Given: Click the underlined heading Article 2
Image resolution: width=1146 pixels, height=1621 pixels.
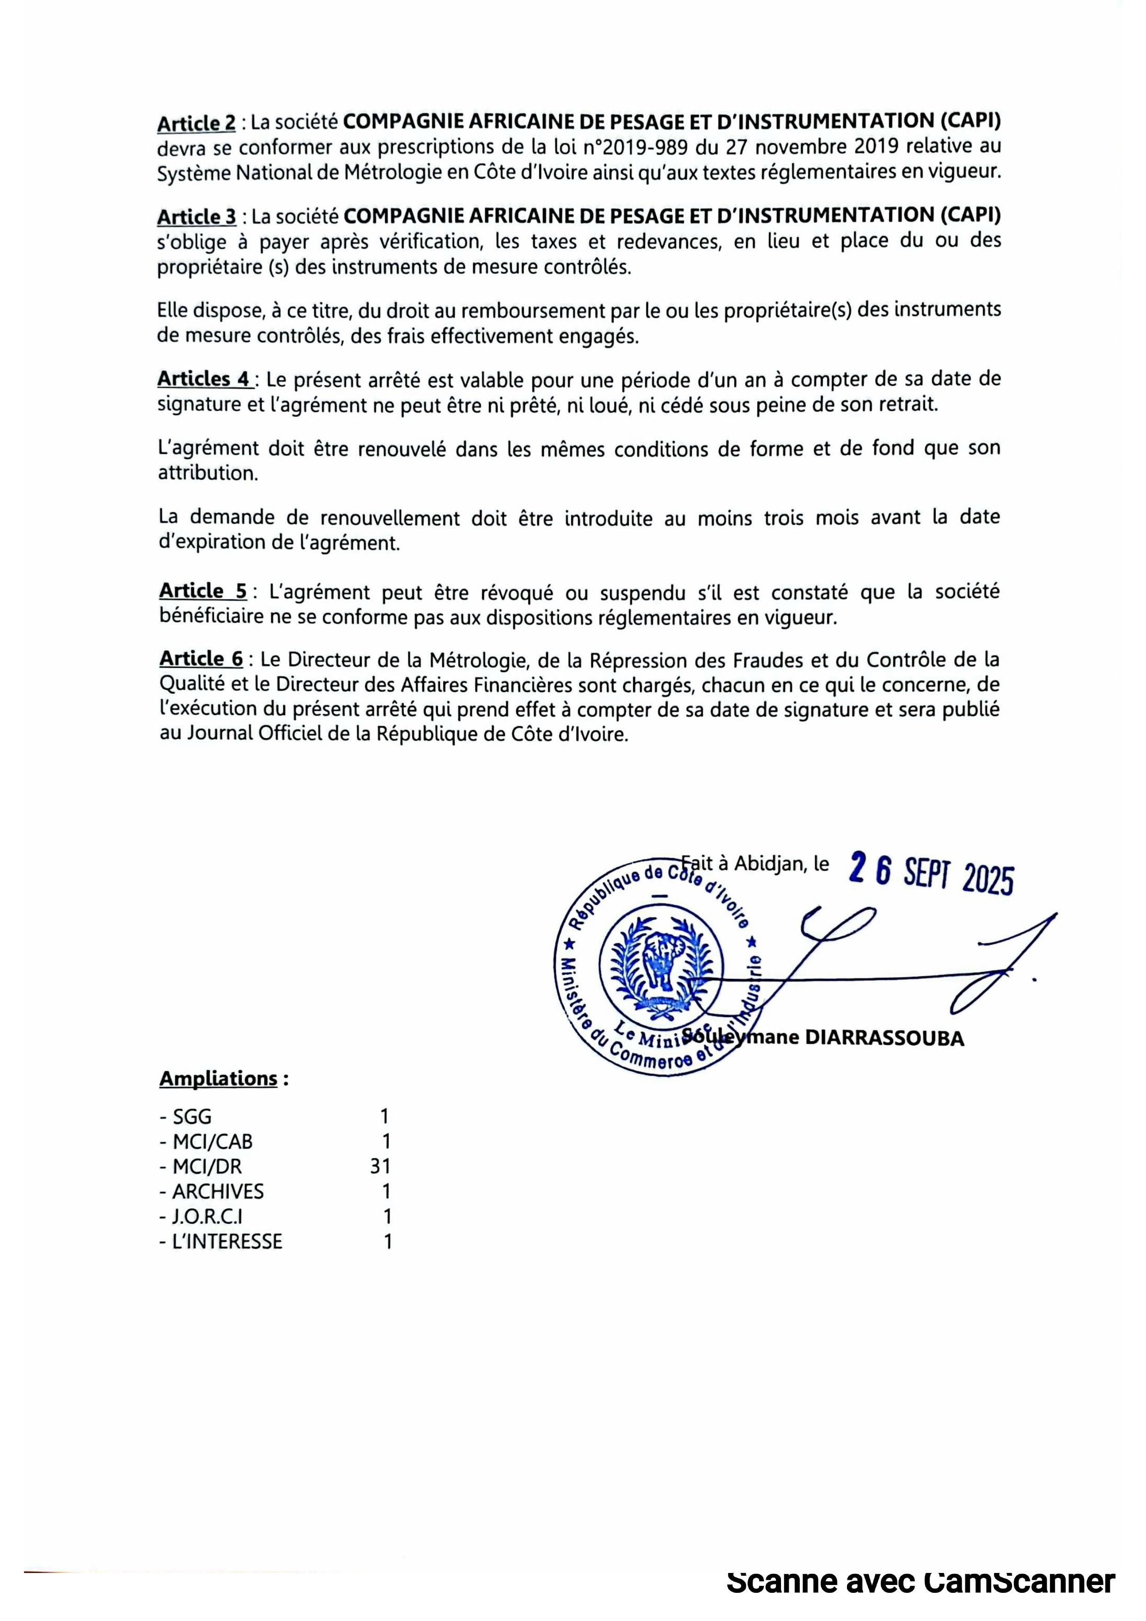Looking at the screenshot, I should pos(196,123).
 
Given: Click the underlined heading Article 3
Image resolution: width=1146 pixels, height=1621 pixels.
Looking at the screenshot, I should pos(196,216).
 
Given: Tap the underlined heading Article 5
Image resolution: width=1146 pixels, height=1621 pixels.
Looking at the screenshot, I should pos(203,590).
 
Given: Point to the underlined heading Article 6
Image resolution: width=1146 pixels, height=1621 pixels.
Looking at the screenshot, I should pos(201,659).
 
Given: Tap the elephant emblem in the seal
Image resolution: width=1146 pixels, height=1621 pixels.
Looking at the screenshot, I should pos(662,960).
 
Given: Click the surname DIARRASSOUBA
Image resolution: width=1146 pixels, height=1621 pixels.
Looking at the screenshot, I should pos(885,1038).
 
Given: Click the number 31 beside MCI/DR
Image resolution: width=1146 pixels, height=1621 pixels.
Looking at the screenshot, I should pos(380,1166).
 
